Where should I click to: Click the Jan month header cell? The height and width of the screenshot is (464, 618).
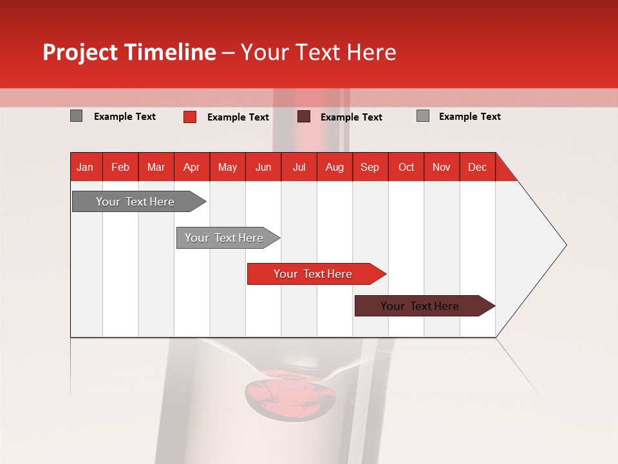[x=85, y=167]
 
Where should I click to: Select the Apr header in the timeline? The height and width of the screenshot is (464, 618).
[x=191, y=167]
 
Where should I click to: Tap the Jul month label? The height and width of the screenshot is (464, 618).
[x=299, y=167]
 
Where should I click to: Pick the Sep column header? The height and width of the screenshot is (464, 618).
[x=370, y=167]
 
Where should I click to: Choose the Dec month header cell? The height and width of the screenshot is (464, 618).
[x=477, y=167]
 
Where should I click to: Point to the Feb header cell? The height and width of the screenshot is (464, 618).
[x=120, y=167]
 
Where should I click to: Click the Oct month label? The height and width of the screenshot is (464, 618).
[x=406, y=167]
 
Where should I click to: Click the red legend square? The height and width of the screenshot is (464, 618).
[x=190, y=117]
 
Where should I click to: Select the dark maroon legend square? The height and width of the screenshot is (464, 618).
[x=304, y=117]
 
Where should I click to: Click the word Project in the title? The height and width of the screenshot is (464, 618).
[x=81, y=52]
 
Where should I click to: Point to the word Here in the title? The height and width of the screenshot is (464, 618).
[x=371, y=52]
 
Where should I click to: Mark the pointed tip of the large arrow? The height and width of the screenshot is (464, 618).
[x=565, y=245]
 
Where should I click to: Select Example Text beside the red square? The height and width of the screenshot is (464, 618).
[x=238, y=117]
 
